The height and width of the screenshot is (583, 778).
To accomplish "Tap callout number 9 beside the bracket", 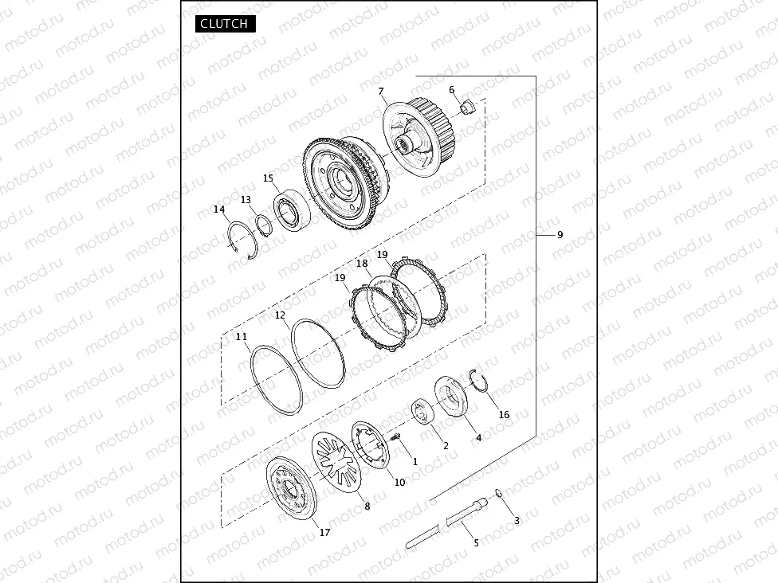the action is pyautogui.click(x=560, y=234).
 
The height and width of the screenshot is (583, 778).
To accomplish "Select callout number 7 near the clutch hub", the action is pyautogui.click(x=381, y=92).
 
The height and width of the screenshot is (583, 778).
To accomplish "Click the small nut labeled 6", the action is pyautogui.click(x=467, y=106).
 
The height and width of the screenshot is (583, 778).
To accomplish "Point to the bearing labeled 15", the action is pyautogui.click(x=293, y=210).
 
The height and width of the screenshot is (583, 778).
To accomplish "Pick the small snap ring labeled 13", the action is pyautogui.click(x=264, y=225).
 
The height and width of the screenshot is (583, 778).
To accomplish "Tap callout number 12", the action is pyautogui.click(x=281, y=315).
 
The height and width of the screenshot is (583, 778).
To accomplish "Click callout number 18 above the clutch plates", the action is pyautogui.click(x=362, y=264).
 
